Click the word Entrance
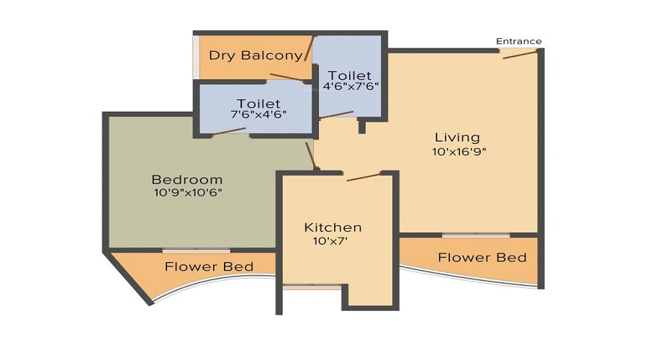(518, 41)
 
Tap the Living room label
(457, 137)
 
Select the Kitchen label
(333, 228)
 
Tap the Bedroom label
(187, 179)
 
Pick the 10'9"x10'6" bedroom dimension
(187, 192)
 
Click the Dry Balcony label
(255, 55)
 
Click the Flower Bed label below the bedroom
(209, 267)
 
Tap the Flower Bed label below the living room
(482, 257)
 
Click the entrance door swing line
(520, 54)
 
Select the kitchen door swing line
(363, 176)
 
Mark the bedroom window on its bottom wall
(196, 251)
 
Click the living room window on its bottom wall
(476, 235)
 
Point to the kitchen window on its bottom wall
(312, 287)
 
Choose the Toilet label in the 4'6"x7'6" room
(350, 75)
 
